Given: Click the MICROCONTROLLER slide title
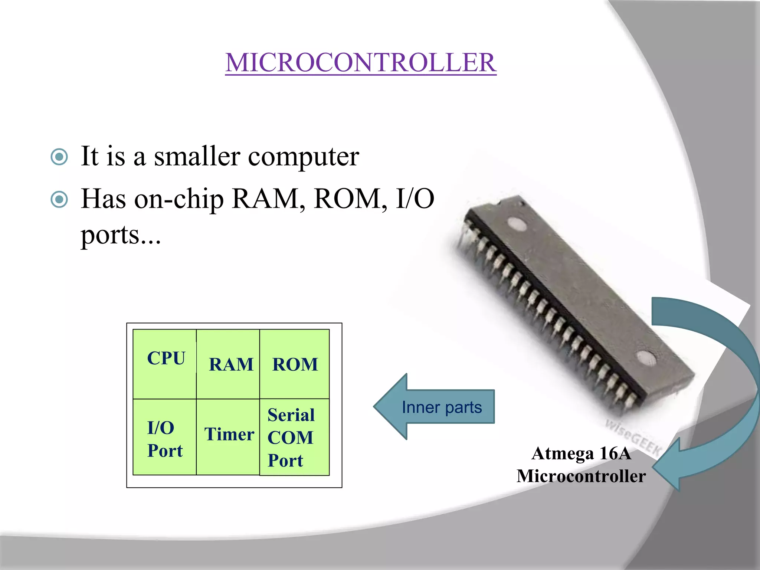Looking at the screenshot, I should tap(361, 62).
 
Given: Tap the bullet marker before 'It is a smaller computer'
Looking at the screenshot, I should tap(59, 157).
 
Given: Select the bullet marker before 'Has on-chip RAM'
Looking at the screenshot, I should tap(59, 200).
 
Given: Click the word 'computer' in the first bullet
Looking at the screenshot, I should tap(303, 157).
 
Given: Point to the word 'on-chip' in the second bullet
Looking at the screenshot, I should tap(179, 200).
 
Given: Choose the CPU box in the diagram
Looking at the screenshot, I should tap(165, 364).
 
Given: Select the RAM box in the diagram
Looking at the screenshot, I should tap(228, 364).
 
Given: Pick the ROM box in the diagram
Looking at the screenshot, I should tap(295, 364).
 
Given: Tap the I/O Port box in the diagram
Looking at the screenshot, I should tap(165, 437).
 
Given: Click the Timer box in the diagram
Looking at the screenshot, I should tap(228, 436).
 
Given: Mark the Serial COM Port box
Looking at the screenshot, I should tap(295, 437).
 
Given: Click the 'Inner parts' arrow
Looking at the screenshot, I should tap(434, 407).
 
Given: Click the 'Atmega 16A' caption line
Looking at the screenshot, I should tap(581, 453).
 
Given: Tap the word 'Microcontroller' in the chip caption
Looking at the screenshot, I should tap(581, 476).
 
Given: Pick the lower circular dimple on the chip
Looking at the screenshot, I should tap(646, 358).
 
